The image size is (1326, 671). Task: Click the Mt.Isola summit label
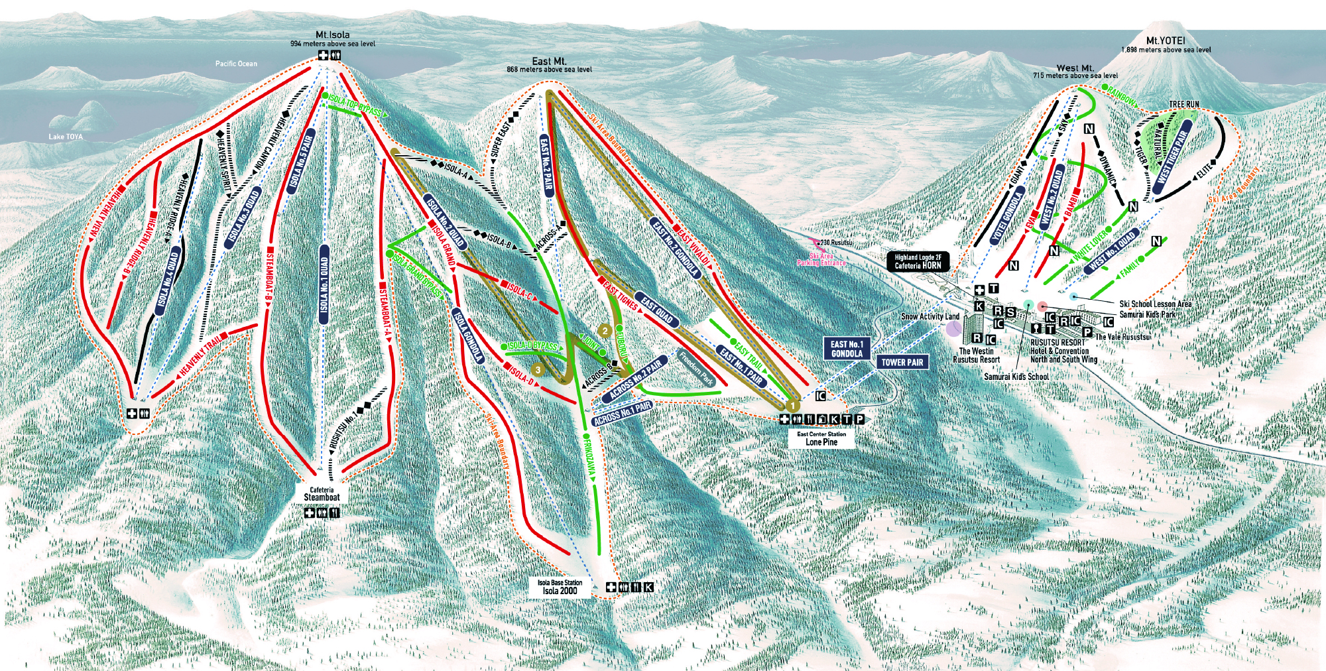332,34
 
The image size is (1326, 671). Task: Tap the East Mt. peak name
549,61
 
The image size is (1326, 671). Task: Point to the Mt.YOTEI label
1166,40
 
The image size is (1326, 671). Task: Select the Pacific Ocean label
236,64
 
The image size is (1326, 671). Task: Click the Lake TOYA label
66,137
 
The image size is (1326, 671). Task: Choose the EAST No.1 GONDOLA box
847,349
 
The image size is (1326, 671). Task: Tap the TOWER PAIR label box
902,362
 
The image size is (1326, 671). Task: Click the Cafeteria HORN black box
918,261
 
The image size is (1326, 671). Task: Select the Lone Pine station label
821,442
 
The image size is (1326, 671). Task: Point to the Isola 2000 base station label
560,590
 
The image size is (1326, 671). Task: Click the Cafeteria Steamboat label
322,497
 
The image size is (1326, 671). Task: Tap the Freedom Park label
695,367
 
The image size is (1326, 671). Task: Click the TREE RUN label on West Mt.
1183,104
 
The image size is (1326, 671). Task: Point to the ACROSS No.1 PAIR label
622,413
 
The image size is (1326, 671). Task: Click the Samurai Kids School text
1016,377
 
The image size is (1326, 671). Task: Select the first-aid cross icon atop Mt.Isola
323,55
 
